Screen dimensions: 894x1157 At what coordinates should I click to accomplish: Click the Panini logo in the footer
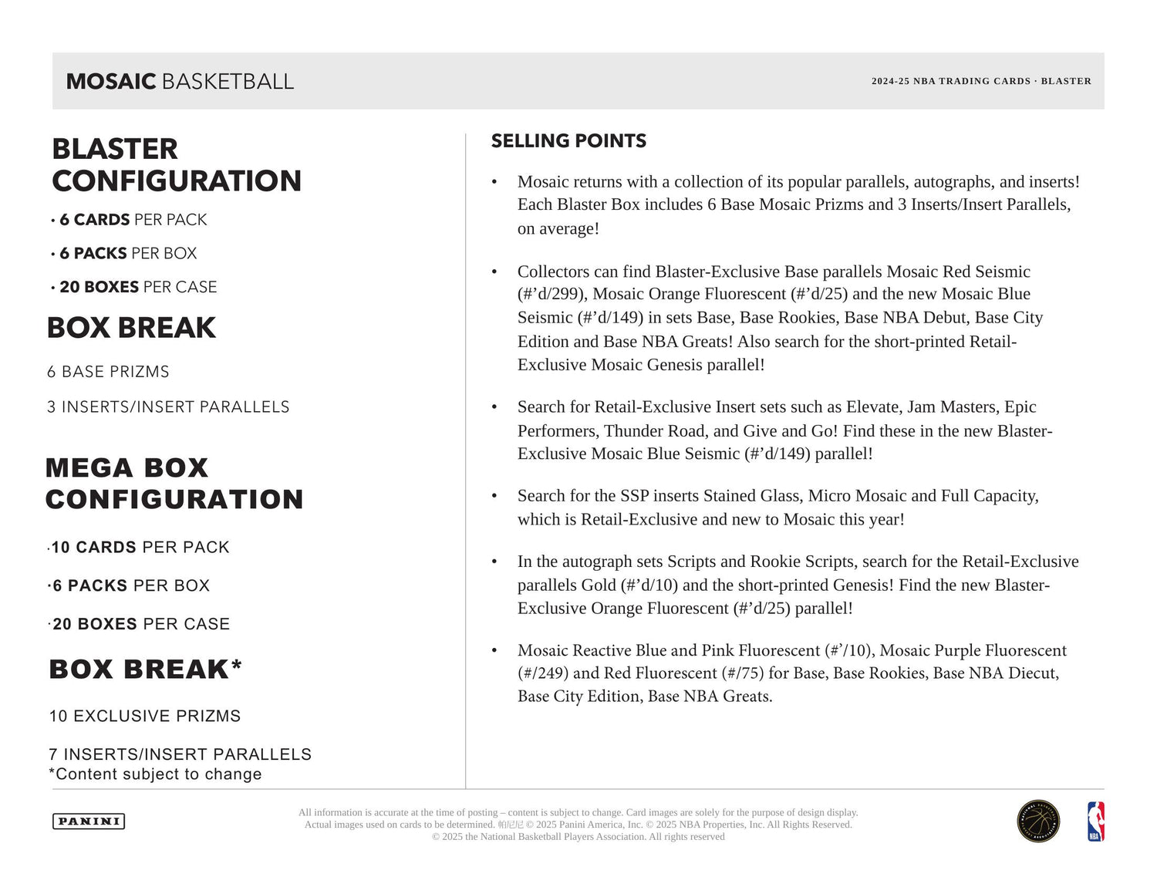(89, 821)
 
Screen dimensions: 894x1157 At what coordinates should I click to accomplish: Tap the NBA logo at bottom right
(1095, 821)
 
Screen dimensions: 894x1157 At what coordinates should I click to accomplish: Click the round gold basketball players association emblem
(1038, 821)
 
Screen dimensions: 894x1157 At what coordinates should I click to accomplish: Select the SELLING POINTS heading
(568, 141)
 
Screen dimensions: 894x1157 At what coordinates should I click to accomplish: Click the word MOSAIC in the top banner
(111, 82)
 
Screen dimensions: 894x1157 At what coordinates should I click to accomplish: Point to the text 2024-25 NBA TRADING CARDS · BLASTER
(981, 81)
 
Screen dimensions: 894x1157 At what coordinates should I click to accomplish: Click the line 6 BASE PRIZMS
(108, 372)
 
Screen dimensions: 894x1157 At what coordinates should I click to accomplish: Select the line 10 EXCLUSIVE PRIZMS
(145, 716)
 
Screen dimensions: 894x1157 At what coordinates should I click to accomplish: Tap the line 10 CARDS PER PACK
(140, 548)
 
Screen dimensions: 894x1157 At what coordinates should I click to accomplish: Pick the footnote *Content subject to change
(155, 774)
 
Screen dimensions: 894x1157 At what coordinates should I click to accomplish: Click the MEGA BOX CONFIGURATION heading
(174, 484)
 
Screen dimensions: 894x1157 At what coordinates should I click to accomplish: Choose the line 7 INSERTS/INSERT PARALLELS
(180, 754)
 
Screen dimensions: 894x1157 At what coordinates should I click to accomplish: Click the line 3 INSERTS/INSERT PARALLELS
(168, 407)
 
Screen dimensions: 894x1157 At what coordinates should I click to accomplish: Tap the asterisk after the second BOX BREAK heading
(237, 664)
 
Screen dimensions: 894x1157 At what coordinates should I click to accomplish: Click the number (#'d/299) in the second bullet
(552, 294)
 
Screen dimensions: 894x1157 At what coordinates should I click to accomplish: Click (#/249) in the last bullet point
(543, 673)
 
